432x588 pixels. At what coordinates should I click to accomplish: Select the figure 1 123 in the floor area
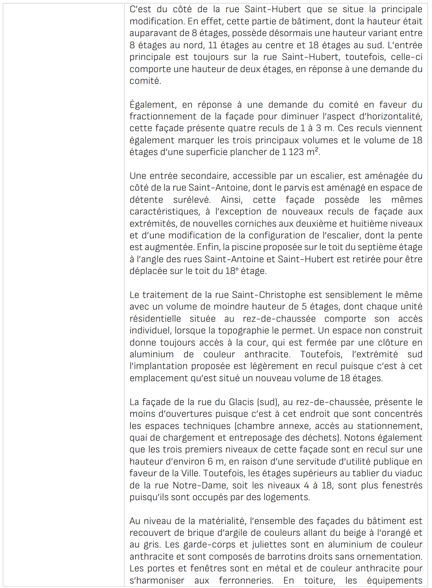pyautogui.click(x=293, y=152)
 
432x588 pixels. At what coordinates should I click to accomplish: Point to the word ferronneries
pyautogui.click(x=246, y=581)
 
